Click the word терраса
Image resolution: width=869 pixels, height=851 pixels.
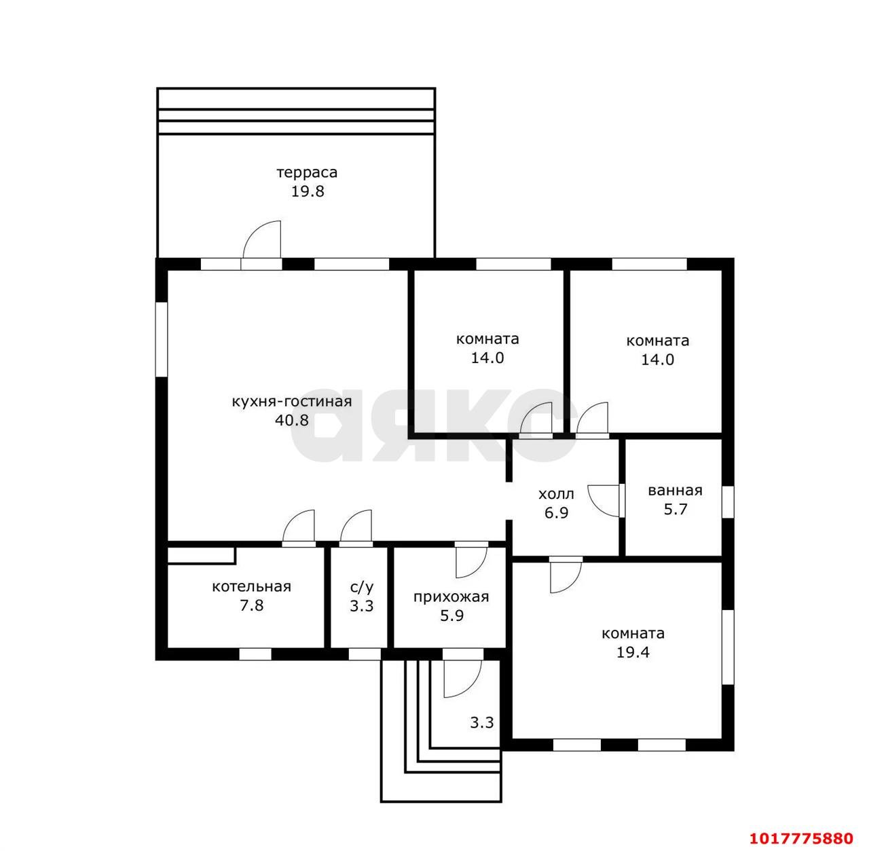point(307,172)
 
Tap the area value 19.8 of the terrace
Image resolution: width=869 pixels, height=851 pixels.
point(307,191)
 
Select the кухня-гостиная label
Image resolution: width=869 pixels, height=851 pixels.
point(292,401)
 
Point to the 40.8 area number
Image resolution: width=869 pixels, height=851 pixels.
point(292,420)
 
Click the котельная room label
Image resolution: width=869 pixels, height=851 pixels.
point(251,587)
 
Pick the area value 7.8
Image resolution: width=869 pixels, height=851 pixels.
point(251,605)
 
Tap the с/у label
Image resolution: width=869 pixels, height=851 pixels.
point(362,587)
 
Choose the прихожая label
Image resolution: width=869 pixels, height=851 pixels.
point(451,597)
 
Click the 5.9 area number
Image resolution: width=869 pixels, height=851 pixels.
point(451,616)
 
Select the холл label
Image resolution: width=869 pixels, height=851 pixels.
point(556,494)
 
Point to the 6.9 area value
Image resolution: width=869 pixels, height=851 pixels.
point(556,513)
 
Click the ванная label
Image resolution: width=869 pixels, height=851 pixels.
point(675,490)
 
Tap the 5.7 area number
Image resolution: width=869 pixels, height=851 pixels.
point(675,509)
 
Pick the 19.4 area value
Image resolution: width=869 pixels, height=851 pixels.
point(633,652)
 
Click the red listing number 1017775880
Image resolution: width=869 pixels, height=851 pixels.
point(801,838)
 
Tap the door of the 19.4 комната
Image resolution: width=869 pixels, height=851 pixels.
point(566,575)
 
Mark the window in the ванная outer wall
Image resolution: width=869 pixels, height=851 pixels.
point(728,502)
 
